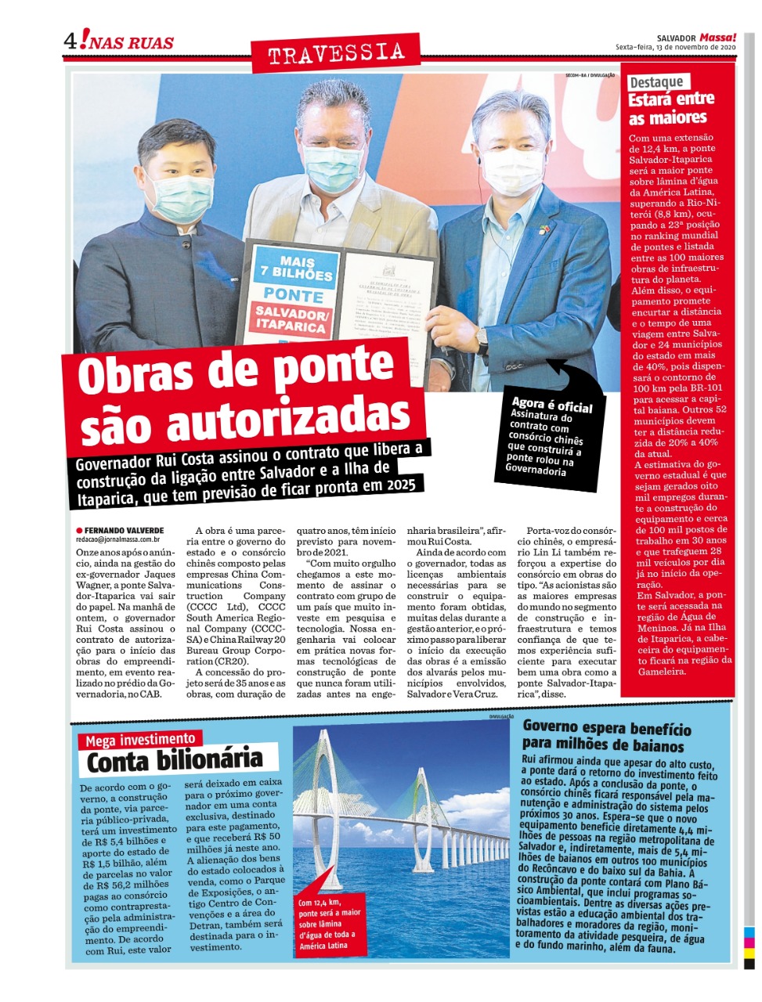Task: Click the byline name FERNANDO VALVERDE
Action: pos(124,531)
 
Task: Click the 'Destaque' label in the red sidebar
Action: pos(656,81)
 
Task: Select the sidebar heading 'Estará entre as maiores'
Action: pos(670,109)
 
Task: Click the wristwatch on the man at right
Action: pos(481,339)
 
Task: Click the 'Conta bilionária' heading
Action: pos(174,761)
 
